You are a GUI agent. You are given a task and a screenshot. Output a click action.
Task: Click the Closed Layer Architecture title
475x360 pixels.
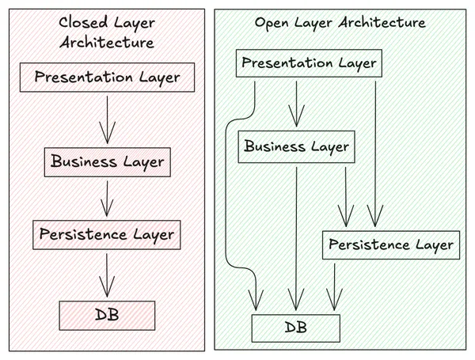[106, 32]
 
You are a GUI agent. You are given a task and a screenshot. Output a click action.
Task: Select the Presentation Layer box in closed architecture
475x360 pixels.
[107, 78]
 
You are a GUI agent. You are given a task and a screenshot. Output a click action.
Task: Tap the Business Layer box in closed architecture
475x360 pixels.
[107, 161]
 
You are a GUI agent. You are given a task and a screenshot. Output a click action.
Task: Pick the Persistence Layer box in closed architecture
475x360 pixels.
[107, 235]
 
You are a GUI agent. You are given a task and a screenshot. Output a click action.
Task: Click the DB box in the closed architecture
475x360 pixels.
[107, 315]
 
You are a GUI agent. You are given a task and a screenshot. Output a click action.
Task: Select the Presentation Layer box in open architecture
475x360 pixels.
[307, 63]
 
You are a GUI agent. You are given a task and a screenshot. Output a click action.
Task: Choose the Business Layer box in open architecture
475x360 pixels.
[295, 146]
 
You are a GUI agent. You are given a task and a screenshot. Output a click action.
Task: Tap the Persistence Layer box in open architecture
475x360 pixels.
[390, 244]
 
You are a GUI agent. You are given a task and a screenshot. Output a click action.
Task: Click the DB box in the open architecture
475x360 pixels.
[295, 327]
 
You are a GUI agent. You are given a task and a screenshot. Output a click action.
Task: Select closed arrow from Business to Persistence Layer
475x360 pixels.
[107, 198]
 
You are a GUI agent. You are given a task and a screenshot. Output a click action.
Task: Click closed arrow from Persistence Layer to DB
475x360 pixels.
[107, 275]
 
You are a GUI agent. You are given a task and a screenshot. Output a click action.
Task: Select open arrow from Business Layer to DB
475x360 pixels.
[296, 237]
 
